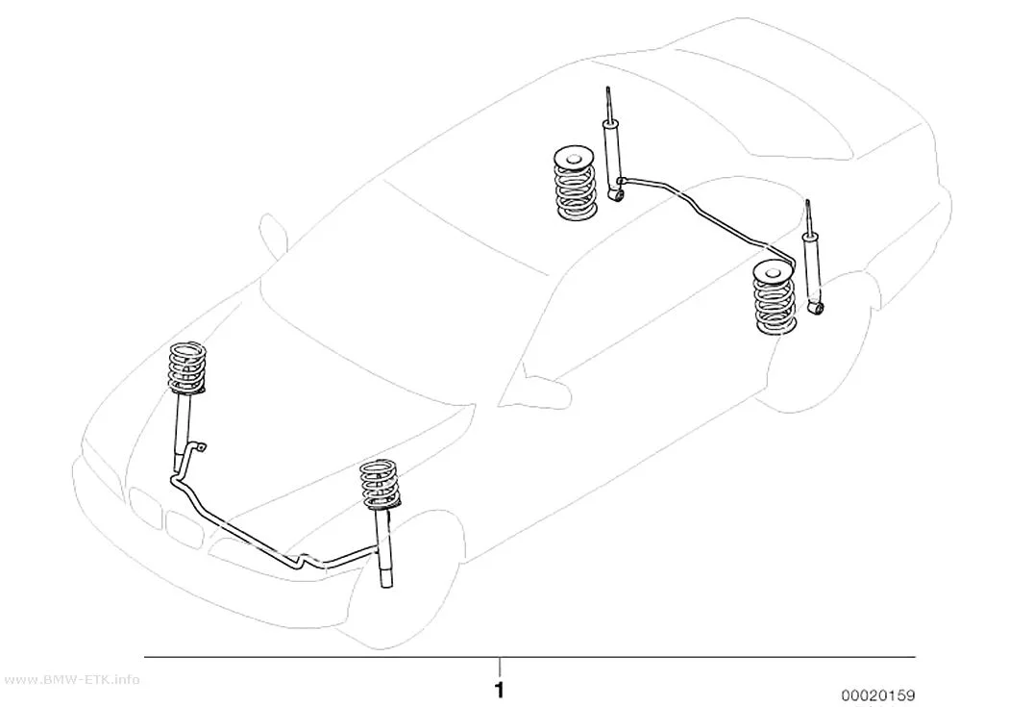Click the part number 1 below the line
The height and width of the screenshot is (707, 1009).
click(500, 691)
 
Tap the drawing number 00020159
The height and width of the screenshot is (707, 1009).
click(877, 695)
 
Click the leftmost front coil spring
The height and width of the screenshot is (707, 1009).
click(187, 367)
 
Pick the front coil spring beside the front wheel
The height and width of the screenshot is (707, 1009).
click(380, 484)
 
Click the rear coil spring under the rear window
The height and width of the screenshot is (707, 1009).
click(575, 184)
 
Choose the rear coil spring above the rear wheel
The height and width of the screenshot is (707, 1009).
click(775, 298)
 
